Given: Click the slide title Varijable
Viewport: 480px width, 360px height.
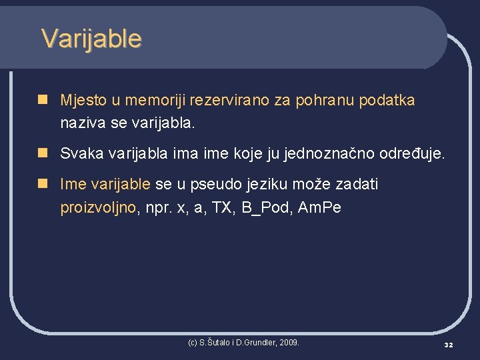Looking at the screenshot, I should click(x=91, y=39).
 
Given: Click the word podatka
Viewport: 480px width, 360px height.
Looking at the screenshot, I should click(x=387, y=101).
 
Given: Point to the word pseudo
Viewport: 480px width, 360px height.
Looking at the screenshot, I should click(x=215, y=184).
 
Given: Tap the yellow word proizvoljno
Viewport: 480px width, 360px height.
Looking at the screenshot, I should click(x=98, y=207).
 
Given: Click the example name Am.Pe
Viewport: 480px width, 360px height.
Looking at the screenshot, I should click(x=319, y=207).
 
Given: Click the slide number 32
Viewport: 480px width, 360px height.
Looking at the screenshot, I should click(x=449, y=345).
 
